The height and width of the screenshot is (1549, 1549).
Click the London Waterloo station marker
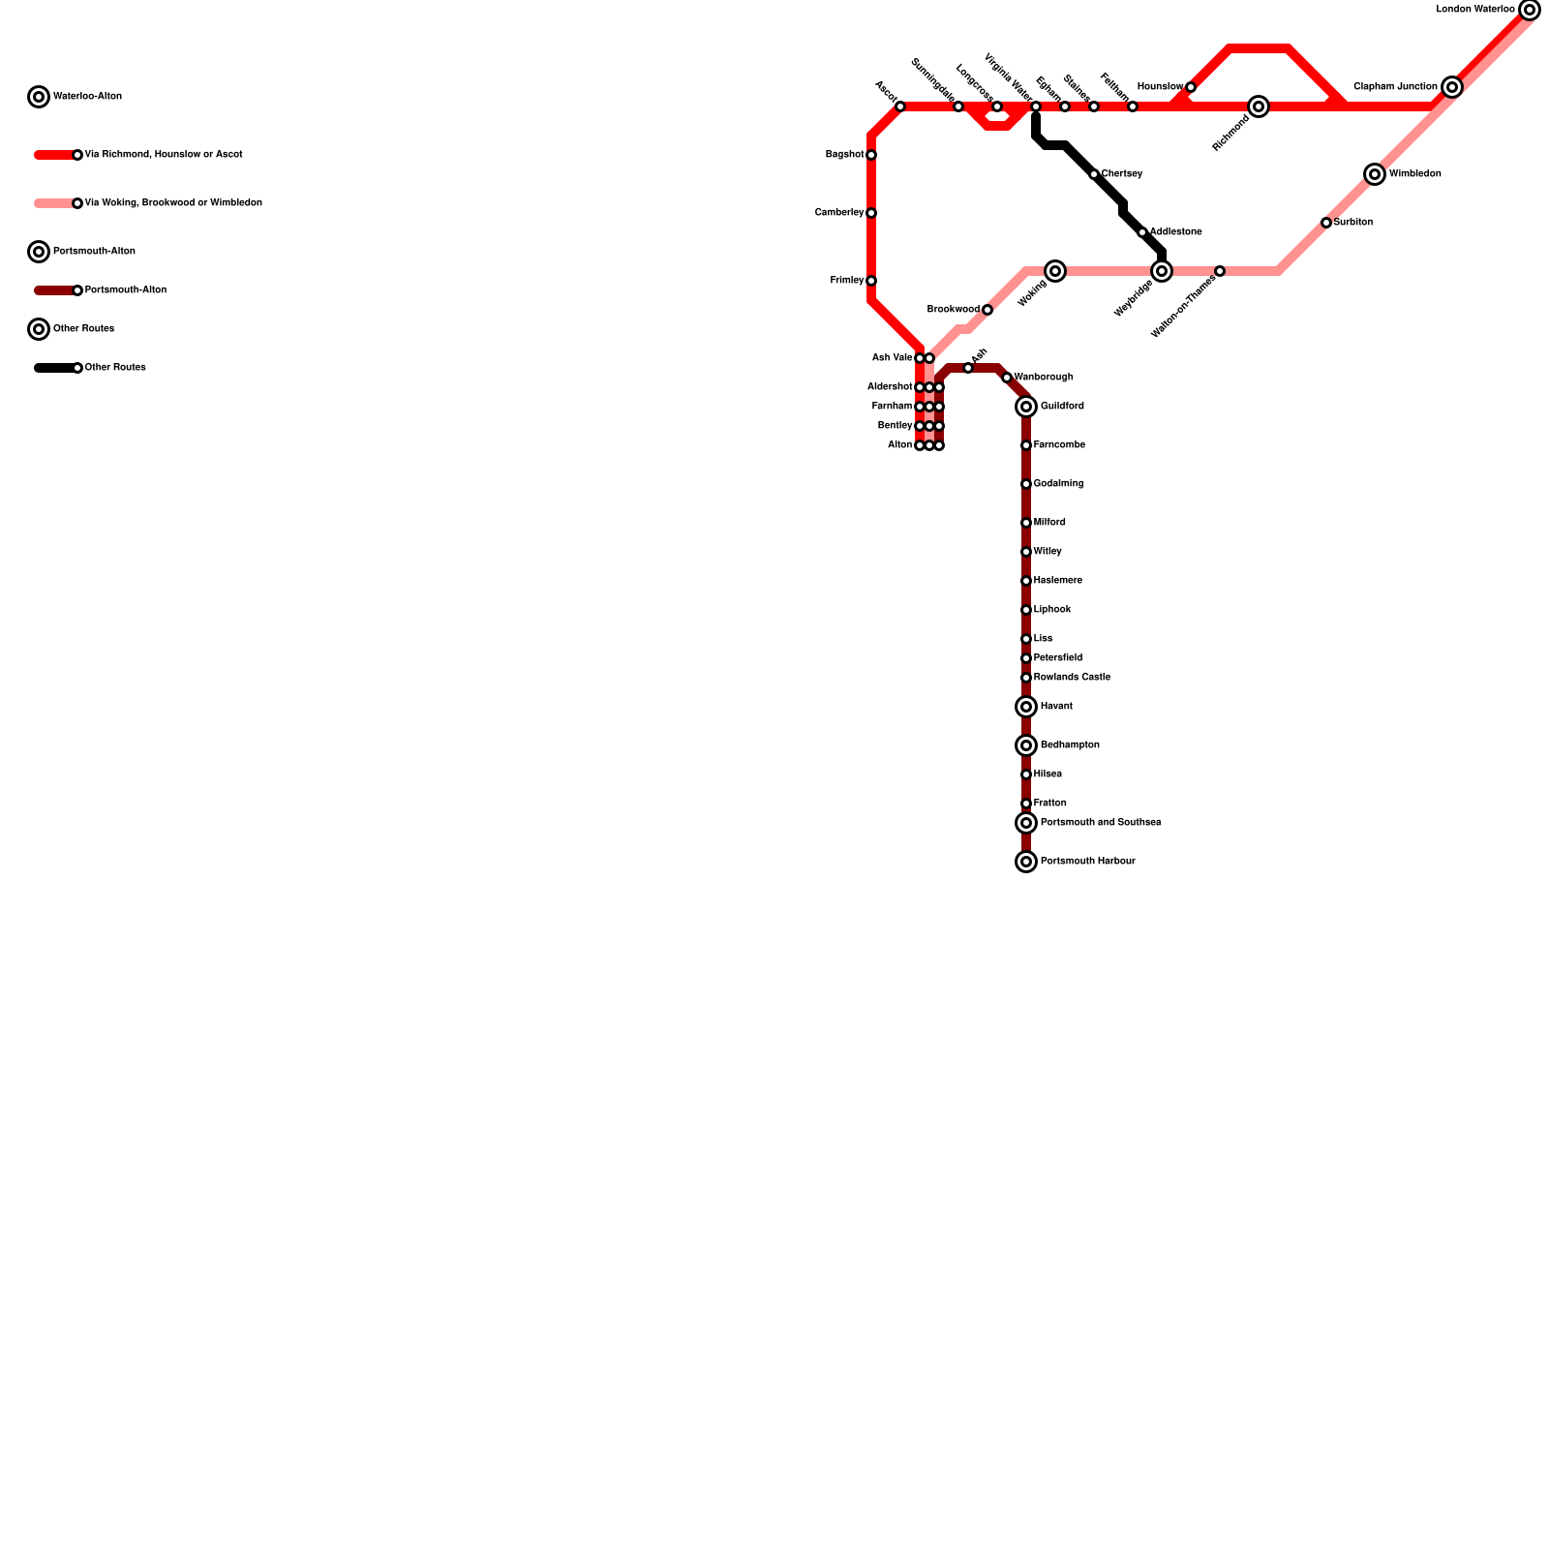tap(1529, 10)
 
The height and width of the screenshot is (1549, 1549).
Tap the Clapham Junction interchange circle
tap(1451, 87)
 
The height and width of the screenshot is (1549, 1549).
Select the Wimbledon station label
tap(1414, 174)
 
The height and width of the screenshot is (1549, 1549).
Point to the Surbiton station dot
tap(1326, 223)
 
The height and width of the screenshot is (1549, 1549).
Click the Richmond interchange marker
tap(1258, 106)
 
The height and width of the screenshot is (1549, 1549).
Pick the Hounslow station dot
tap(1190, 87)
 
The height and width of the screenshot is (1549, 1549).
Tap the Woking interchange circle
tap(1055, 271)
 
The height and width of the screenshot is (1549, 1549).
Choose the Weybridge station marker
tap(1162, 271)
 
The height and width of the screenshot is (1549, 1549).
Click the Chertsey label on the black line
tap(1122, 174)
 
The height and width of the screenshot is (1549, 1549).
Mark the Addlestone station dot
tap(1142, 232)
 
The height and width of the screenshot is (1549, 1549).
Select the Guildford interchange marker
tap(1026, 407)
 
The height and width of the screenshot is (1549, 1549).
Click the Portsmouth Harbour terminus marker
tap(1026, 862)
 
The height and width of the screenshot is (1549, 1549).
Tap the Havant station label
tap(1056, 707)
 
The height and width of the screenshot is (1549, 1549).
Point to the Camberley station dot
tap(871, 213)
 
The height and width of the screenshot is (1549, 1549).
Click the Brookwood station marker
tap(987, 310)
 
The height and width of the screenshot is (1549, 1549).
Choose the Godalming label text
tap(1058, 484)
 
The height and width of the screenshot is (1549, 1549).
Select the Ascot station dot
tap(899, 106)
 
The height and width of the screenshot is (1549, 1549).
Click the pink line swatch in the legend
tap(54, 203)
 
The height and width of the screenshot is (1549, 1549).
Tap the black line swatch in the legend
tap(54, 368)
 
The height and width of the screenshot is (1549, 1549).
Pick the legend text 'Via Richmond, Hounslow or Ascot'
tap(163, 155)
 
